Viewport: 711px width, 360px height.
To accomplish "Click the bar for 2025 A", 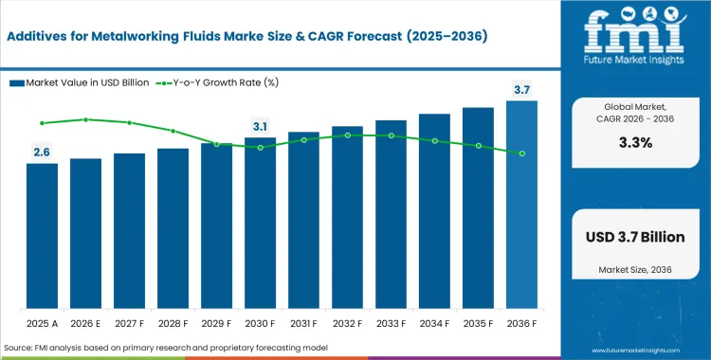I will [42, 237].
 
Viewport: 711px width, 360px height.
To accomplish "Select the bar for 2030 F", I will [260, 224].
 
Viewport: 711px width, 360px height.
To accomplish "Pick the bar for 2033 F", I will [391, 215].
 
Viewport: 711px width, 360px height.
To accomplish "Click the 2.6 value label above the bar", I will [42, 152].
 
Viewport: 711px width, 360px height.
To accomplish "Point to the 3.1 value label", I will [260, 126].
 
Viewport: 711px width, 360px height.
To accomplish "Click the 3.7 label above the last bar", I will [521, 90].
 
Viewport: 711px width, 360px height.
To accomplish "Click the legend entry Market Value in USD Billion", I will [81, 83].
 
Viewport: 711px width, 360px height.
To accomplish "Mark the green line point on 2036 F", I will [521, 153].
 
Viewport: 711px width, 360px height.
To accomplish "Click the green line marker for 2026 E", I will [85, 119].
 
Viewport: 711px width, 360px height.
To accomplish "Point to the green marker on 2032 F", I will [347, 135].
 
